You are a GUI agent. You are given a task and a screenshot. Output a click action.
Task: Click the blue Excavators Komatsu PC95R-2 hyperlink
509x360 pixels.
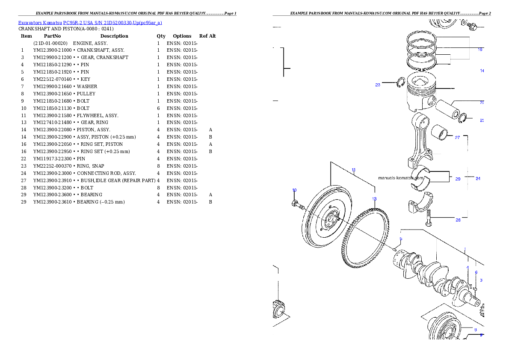pos(90,23)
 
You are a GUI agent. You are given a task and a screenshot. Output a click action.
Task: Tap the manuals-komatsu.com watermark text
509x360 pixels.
pos(401,178)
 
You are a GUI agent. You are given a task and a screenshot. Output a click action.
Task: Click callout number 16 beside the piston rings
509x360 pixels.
pos(480,50)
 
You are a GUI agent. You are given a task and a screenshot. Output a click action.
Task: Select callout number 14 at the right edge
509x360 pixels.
pos(482,71)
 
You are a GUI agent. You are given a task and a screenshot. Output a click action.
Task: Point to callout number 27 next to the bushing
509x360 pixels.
pos(457,138)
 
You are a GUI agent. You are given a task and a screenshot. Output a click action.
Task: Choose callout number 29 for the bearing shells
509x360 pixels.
pos(457,179)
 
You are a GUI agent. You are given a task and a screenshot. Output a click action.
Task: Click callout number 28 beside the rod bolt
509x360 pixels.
pos(458,220)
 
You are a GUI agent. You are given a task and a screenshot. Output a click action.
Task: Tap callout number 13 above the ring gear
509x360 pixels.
pos(374,199)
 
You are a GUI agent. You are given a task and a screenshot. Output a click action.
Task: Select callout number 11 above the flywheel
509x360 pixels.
pos(354,170)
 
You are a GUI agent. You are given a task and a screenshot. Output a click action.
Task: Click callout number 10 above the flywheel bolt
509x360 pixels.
pos(294,190)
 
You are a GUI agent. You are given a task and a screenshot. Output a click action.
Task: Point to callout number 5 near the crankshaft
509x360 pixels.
pos(401,239)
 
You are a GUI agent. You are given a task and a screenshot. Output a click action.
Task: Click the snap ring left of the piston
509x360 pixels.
pos(401,83)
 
